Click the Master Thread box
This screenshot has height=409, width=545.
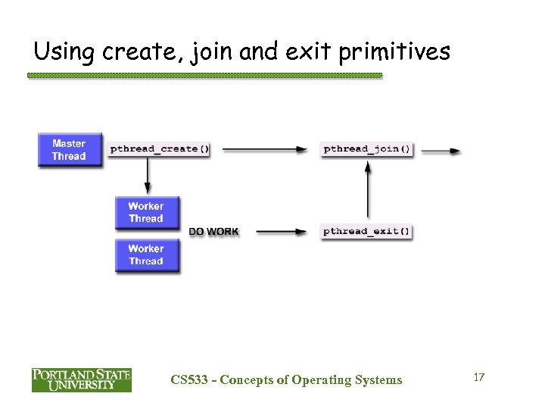tap(69, 150)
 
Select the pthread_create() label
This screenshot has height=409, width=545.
tap(160, 149)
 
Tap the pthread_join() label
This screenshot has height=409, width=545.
tap(367, 149)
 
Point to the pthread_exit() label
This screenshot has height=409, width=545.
tap(367, 231)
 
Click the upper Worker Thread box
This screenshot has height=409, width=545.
tap(146, 212)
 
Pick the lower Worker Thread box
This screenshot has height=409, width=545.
tap(146, 255)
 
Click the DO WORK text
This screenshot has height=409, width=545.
tap(213, 232)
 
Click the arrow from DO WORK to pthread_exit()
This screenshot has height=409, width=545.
tap(281, 232)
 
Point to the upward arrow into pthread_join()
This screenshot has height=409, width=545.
tap(368, 190)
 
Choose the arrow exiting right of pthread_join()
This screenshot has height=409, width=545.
tap(440, 151)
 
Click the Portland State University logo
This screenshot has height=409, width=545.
tap(81, 379)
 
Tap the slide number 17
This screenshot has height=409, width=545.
tap(478, 376)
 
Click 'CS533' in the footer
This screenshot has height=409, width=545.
tap(188, 380)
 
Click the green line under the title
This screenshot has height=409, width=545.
tap(204, 76)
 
